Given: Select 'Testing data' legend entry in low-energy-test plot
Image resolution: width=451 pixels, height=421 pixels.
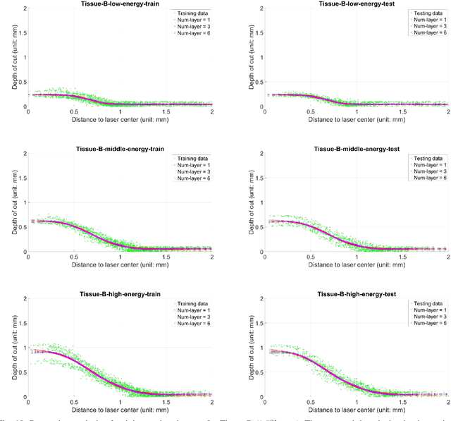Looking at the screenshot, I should (428, 13).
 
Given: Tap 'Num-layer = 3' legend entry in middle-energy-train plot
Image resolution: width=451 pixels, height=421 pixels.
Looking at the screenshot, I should (194, 172).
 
